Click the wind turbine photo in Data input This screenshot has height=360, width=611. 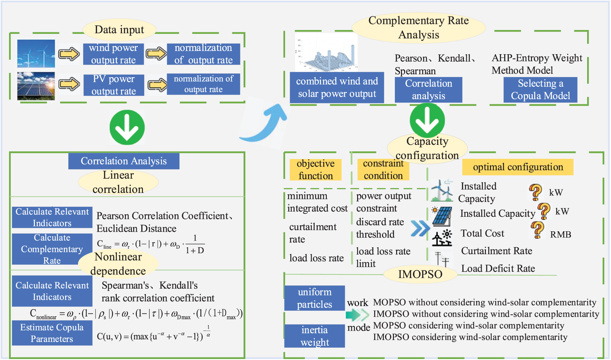point(36,53)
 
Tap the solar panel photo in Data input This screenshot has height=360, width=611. point(36,86)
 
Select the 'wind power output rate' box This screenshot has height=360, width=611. point(113,54)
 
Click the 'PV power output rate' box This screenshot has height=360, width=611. point(114,85)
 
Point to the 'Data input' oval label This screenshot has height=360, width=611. point(119,30)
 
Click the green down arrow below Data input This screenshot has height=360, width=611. point(127,127)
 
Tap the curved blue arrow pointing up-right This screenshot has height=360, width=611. point(263,123)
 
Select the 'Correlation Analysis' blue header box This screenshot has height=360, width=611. point(124,161)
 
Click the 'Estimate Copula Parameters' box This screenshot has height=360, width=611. point(52,333)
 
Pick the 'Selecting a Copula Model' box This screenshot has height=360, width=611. point(540,90)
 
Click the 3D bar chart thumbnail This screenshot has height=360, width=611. point(326,52)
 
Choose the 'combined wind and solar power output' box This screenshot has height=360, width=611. point(337,87)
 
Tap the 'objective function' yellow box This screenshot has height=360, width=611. point(316,170)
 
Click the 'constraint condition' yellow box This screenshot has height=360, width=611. point(383,170)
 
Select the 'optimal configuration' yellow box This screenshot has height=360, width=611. point(518,167)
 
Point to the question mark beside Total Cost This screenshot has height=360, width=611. point(537,230)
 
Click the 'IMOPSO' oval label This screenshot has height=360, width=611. point(420,274)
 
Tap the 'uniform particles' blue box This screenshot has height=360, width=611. point(315,298)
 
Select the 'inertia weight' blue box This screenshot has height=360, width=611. point(315,336)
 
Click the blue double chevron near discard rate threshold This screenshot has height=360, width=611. point(420,229)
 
